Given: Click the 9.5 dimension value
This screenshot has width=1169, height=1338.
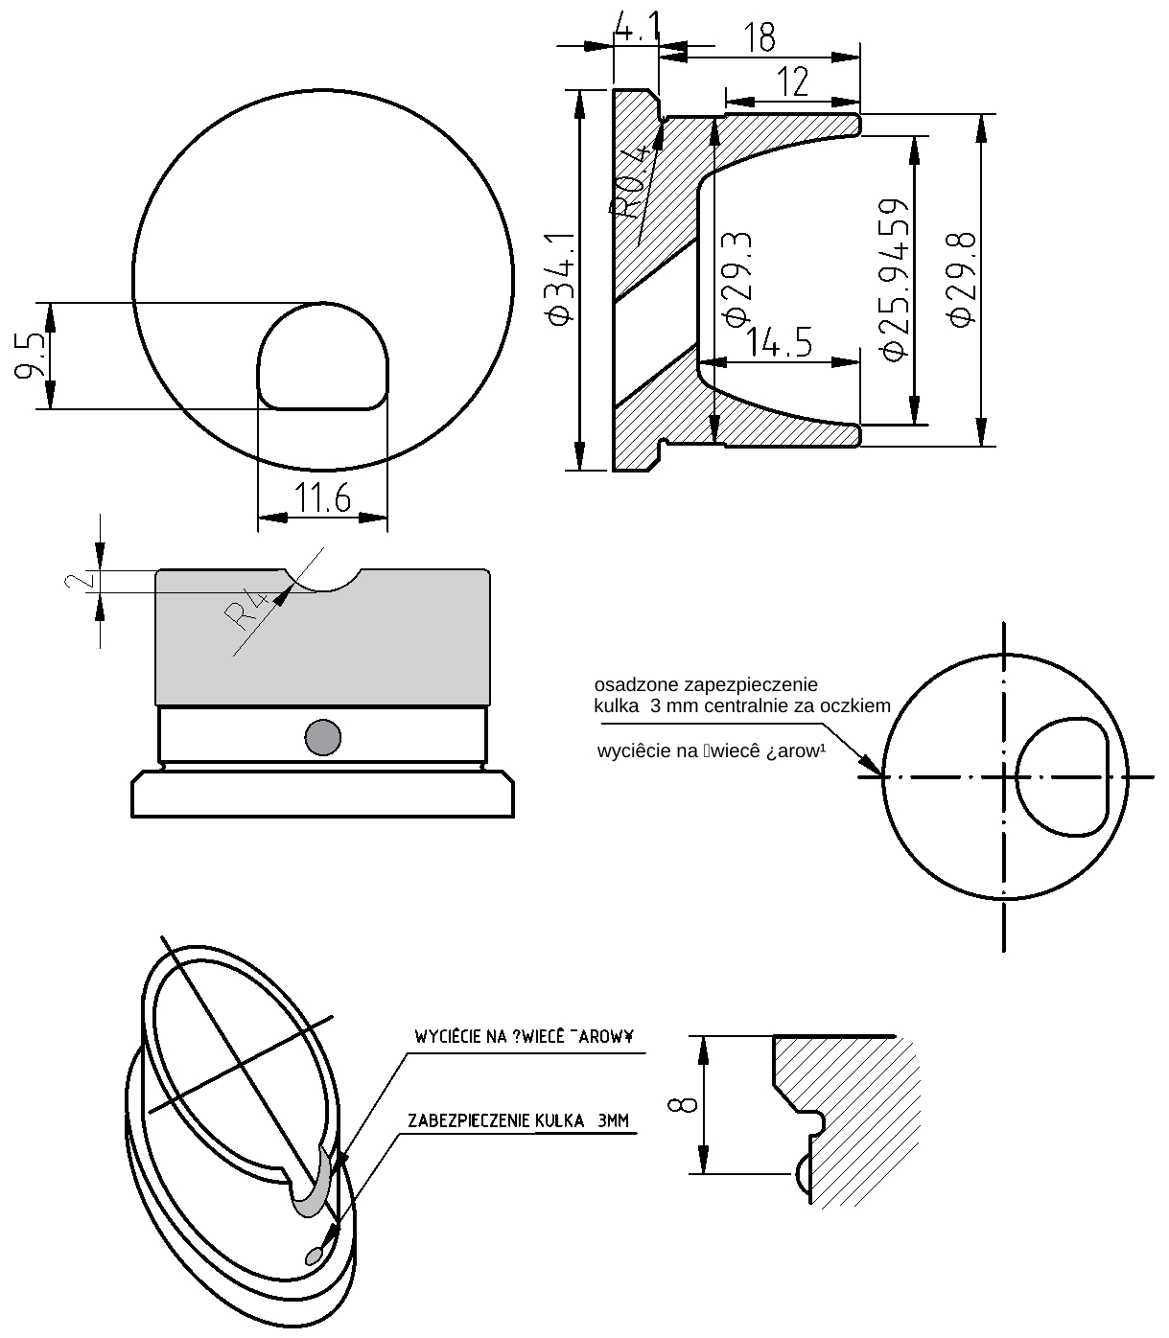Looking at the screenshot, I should tap(31, 357).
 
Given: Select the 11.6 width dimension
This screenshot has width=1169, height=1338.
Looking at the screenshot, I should tap(322, 499).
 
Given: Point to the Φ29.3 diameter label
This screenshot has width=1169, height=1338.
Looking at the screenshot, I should tap(737, 278).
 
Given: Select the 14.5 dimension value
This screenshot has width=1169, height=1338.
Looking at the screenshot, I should tap(779, 342).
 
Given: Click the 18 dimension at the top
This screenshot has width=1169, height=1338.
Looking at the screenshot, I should tap(759, 38).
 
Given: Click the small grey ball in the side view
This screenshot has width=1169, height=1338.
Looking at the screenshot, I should tap(322, 737).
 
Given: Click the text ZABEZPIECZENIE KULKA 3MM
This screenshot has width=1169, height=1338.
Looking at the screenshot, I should tap(518, 1120).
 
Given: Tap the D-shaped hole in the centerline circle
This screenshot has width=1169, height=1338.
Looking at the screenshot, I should tap(1062, 776).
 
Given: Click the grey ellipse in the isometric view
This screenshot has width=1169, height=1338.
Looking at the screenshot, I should tap(315, 1255).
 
